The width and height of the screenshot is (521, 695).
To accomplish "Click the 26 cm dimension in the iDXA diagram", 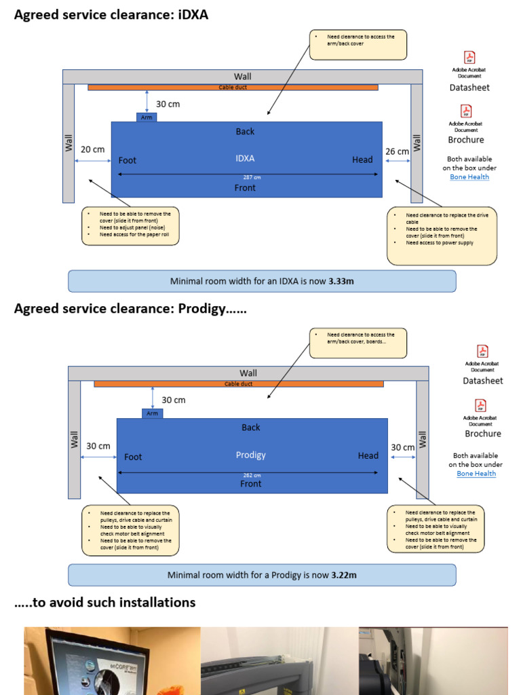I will tap(397, 151).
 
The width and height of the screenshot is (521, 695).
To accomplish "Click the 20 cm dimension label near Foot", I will tap(92, 149).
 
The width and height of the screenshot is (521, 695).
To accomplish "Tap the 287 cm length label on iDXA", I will tap(252, 177).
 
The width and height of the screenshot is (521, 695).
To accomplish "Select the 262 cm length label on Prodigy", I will tap(252, 475).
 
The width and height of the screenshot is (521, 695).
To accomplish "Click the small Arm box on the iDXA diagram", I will tap(147, 117).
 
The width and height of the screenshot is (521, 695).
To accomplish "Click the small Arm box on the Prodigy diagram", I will tap(152, 413).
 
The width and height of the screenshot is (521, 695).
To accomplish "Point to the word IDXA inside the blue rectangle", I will tap(245, 158).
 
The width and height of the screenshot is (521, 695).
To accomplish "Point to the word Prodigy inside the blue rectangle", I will tap(250, 455).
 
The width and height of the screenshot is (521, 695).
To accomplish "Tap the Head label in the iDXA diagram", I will tap(362, 159).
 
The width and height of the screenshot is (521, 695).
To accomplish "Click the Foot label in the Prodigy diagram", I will tap(133, 457).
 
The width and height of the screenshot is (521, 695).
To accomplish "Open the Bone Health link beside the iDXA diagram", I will tap(469, 176).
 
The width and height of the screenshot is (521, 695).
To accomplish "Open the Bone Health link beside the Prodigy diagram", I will tap(476, 473).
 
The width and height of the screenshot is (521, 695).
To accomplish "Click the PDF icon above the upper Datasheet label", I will tap(469, 58).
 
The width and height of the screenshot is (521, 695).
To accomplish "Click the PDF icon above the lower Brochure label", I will tap(480, 406).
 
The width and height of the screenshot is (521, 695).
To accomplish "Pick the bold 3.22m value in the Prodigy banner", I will tap(343, 575).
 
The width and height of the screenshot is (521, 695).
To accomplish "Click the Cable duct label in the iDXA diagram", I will tap(233, 88).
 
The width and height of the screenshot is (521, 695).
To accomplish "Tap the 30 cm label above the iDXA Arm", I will tap(168, 105).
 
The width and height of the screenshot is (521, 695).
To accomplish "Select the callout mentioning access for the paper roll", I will tap(130, 225).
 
